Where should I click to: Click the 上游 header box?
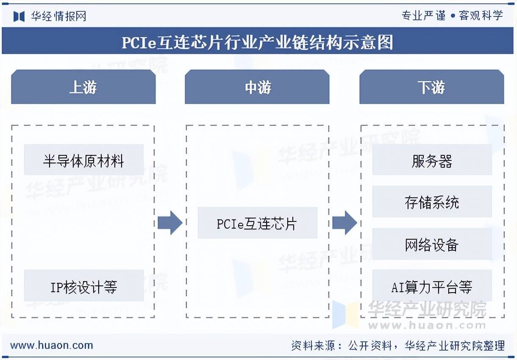click(83, 87)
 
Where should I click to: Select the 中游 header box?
click(257, 87)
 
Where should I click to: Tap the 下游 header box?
click(431, 87)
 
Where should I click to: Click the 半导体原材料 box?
click(83, 160)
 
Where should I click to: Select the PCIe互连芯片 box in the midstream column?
click(257, 223)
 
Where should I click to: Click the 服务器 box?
click(432, 160)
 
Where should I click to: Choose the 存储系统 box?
click(432, 202)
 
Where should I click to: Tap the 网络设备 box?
click(432, 244)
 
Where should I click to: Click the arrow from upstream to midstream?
click(170, 222)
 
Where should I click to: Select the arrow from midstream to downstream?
click(345, 222)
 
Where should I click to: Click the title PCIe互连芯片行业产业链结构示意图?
click(258, 42)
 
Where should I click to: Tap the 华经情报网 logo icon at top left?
click(19, 16)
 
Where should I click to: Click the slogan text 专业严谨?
click(423, 16)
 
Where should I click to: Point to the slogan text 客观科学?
click(481, 16)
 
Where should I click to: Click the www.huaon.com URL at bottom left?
click(51, 345)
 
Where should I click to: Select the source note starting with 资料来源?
click(398, 346)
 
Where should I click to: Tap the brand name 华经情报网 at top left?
click(58, 16)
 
